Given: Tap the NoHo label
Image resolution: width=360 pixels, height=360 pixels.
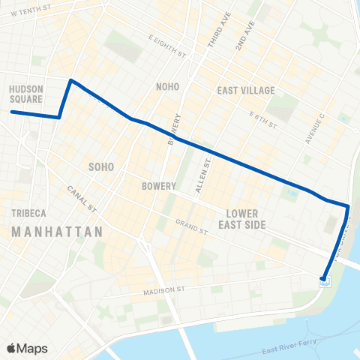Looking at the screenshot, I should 167,87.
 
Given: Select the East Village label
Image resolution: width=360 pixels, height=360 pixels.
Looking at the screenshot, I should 246,91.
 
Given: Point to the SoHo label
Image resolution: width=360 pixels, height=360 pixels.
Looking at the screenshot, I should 101,166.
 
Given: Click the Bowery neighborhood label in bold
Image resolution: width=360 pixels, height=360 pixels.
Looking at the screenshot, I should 158,186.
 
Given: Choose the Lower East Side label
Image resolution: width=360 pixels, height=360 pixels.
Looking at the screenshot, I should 243,218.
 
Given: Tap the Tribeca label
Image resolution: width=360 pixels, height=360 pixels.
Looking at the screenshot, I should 29,213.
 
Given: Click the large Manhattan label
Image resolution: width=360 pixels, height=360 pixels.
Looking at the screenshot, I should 57,233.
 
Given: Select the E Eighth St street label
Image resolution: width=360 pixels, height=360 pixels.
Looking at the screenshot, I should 166,46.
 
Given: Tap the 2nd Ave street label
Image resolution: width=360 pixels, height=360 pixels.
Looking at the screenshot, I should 241,35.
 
